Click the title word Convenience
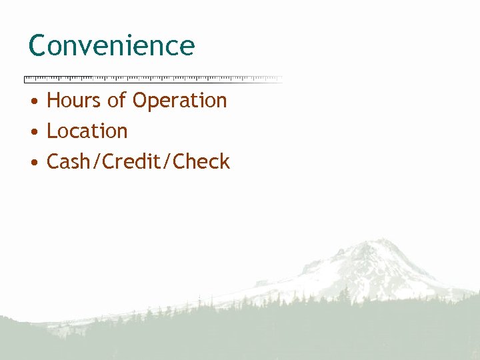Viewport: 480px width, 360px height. (x=111, y=46)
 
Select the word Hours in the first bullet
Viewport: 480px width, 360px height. (x=74, y=101)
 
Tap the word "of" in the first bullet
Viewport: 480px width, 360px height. (x=117, y=101)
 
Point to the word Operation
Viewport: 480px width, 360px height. (x=179, y=101)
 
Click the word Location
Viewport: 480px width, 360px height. (x=87, y=131)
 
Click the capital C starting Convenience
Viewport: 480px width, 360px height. (x=37, y=46)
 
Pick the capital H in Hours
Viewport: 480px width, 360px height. (x=53, y=101)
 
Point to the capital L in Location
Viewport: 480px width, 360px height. (x=51, y=131)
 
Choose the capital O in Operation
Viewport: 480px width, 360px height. (x=140, y=101)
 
